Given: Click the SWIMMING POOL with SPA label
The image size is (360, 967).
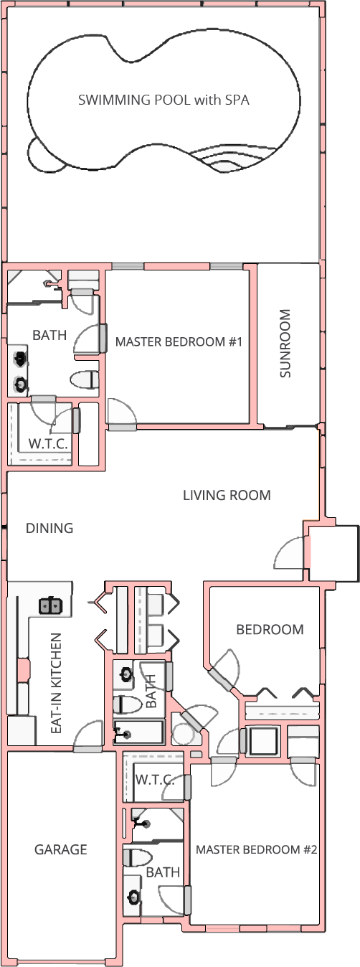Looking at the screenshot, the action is [x=164, y=100].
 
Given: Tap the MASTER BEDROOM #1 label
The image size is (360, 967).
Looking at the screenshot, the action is [x=179, y=342].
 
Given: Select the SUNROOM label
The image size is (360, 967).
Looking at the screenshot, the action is [x=285, y=343].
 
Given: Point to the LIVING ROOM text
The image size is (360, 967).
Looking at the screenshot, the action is [x=227, y=495].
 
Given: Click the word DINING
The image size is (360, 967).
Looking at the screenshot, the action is [x=49, y=528].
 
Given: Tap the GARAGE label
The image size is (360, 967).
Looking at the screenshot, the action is [x=61, y=849].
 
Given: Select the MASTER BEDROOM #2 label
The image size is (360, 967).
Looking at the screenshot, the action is [x=257, y=849].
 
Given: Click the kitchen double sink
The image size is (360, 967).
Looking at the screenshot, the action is [x=51, y=605].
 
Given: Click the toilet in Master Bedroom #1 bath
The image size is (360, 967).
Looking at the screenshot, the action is [x=84, y=380].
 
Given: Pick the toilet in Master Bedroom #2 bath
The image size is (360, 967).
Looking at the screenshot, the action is [x=137, y=857].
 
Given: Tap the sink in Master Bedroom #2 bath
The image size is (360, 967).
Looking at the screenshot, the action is [x=134, y=897].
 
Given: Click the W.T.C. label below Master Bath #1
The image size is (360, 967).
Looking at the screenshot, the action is [x=48, y=444].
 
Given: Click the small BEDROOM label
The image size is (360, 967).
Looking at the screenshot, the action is [x=270, y=629].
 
